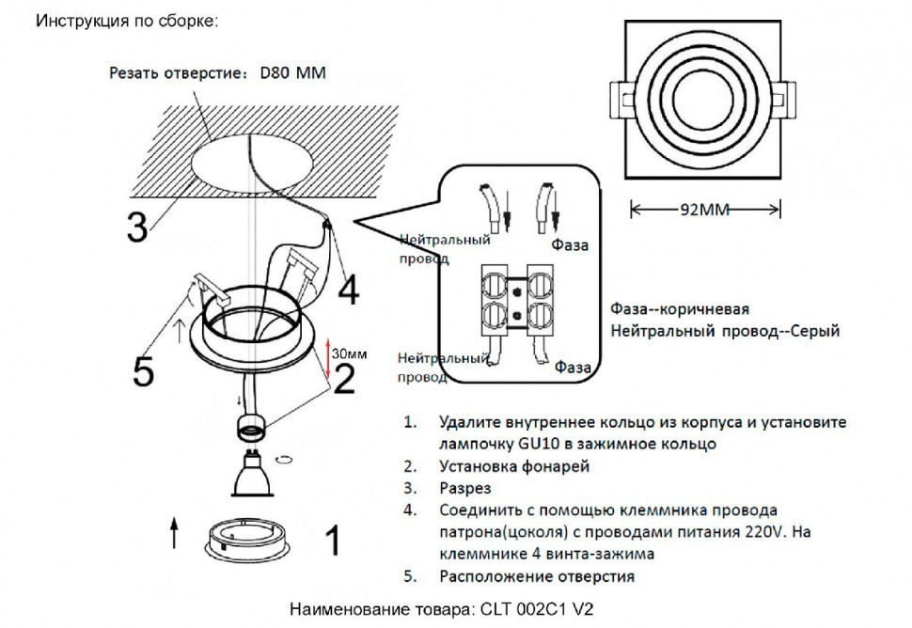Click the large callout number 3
click(137, 227)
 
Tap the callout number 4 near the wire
click(348, 290)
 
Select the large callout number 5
click(142, 371)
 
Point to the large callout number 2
click(344, 379)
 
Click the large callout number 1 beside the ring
click(331, 542)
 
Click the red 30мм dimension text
click(349, 353)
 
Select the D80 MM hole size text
click(291, 72)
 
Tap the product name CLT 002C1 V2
click(542, 608)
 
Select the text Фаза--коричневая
click(679, 309)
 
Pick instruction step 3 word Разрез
click(464, 489)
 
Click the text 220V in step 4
click(767, 532)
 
